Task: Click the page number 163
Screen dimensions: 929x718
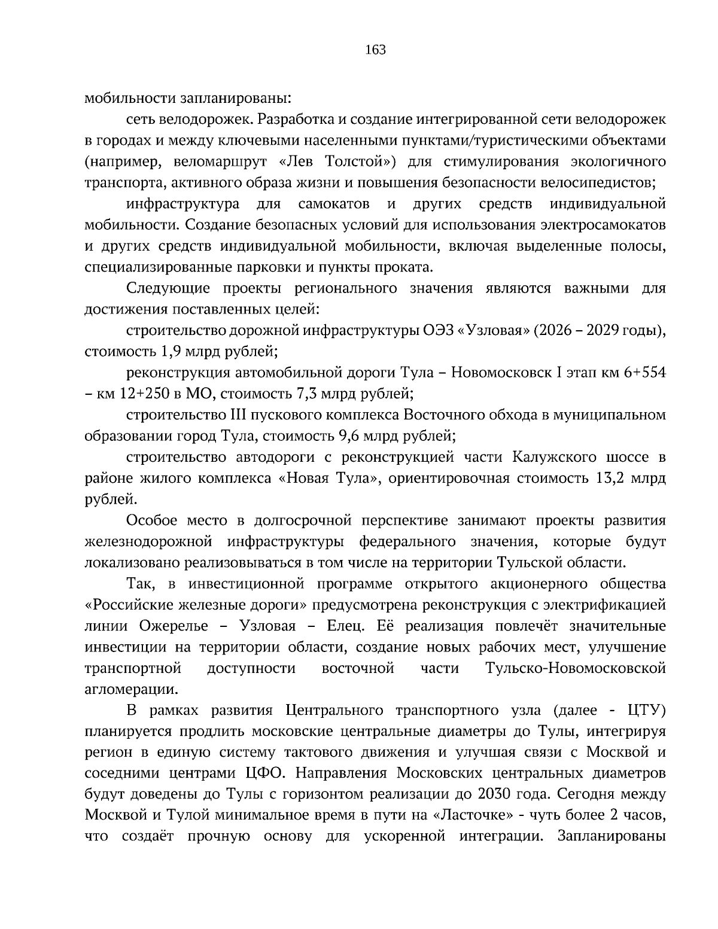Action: point(375,50)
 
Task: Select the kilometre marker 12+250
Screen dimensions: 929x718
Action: point(133,394)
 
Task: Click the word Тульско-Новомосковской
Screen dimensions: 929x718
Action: point(576,668)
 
